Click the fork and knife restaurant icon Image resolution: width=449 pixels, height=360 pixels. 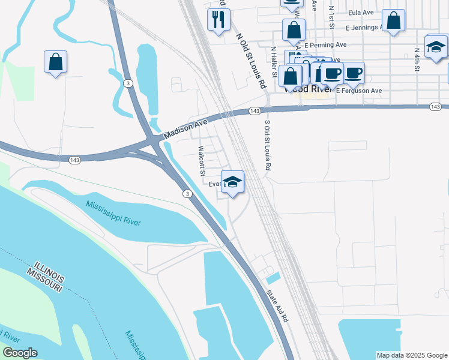pyautogui.click(x=218, y=19)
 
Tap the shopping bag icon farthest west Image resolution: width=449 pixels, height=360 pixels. pyautogui.click(x=55, y=61)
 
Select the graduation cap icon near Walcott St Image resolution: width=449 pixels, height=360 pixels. pyautogui.click(x=232, y=181)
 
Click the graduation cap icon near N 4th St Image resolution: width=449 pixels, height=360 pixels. pyautogui.click(x=436, y=47)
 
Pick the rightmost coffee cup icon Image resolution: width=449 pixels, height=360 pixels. pyautogui.click(x=353, y=73)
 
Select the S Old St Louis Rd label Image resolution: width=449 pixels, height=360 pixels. pyautogui.click(x=268, y=144)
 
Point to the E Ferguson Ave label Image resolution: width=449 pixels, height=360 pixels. pyautogui.click(x=359, y=91)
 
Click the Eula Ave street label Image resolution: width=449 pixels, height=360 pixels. pyautogui.click(x=360, y=12)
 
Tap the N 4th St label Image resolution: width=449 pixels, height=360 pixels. pyautogui.click(x=417, y=60)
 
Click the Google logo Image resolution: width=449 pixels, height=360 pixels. pyautogui.click(x=19, y=353)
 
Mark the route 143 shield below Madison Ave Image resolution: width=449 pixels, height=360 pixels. pyautogui.click(x=75, y=160)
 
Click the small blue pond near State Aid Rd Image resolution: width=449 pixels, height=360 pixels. pyautogui.click(x=273, y=278)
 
